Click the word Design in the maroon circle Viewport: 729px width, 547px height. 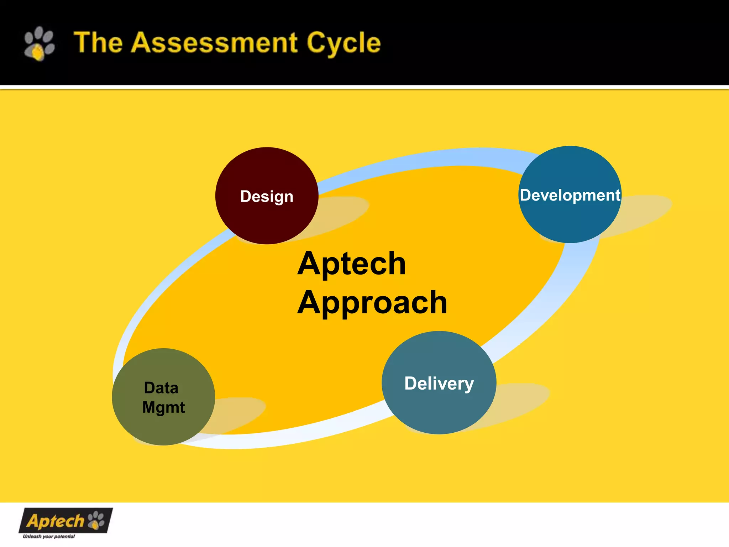pos(267,197)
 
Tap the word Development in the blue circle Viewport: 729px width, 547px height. pos(570,195)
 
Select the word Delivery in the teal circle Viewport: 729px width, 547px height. pos(439,384)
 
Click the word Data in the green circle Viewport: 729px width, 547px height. pos(161,388)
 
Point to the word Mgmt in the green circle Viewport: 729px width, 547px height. pos(163,407)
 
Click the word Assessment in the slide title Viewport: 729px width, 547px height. pos(214,43)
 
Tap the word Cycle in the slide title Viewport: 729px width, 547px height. pos(343,43)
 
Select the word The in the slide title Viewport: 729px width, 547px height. pos(98,43)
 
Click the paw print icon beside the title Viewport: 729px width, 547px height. pos(39,43)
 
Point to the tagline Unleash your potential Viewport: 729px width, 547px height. pos(49,536)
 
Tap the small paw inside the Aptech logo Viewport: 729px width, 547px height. pos(96,520)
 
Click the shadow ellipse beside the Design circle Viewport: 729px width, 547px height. pos(342,212)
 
